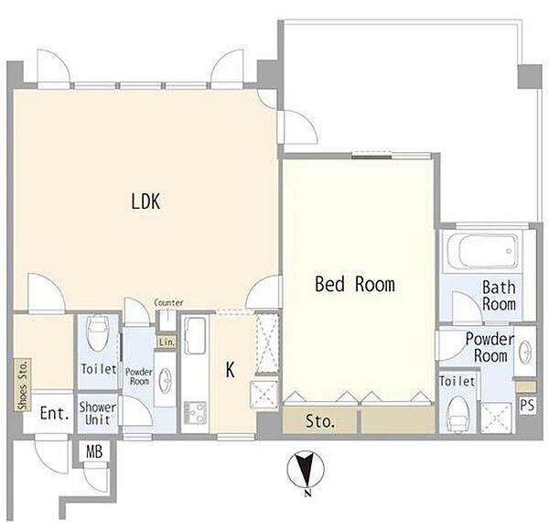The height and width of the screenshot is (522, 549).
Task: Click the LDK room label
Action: point(145,201)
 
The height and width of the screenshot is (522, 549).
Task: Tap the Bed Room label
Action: point(355,284)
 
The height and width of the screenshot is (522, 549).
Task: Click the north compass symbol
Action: point(306,471)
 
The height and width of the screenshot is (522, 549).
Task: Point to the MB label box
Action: point(94,451)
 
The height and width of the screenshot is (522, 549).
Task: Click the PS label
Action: point(527,406)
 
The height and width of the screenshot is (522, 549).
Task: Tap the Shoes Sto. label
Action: point(23,385)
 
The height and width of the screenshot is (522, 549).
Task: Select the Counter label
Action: point(168,302)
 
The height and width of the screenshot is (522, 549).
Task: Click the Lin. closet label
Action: point(167,342)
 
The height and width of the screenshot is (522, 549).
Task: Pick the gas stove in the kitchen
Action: point(195,412)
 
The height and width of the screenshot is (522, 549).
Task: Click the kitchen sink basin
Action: point(195,335)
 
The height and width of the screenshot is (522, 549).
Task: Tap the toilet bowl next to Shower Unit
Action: point(98,332)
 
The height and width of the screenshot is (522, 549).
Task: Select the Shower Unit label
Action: point(98,413)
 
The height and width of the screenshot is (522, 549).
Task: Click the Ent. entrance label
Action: point(55,413)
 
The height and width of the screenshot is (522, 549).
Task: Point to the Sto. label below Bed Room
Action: point(320,421)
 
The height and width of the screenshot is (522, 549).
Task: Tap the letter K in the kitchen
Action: point(230,370)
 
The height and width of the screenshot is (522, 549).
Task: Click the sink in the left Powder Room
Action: point(165,379)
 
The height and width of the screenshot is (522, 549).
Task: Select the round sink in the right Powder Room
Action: point(525,351)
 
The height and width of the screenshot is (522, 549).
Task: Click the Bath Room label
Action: point(499,295)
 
